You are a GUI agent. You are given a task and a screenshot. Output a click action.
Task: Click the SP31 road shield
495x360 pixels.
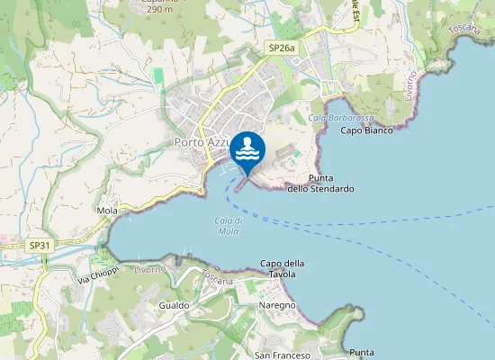(39, 245)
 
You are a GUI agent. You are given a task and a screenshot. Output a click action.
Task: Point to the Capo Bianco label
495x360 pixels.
(366, 130)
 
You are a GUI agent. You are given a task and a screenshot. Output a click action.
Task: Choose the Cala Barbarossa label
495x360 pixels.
(329, 118)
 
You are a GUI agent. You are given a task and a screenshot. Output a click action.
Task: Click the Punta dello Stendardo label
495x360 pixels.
(320, 184)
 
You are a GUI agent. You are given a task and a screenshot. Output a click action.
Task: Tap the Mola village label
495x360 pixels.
(107, 211)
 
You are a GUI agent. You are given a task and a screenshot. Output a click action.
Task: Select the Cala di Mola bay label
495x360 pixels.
(228, 226)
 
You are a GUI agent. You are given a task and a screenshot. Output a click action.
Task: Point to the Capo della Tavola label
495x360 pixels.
(283, 268)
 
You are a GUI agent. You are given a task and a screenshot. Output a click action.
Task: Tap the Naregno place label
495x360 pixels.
(277, 306)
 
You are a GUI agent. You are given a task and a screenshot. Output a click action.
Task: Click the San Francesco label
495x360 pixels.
(283, 355)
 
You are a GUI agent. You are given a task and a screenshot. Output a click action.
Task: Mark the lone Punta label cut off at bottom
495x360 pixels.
(362, 352)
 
